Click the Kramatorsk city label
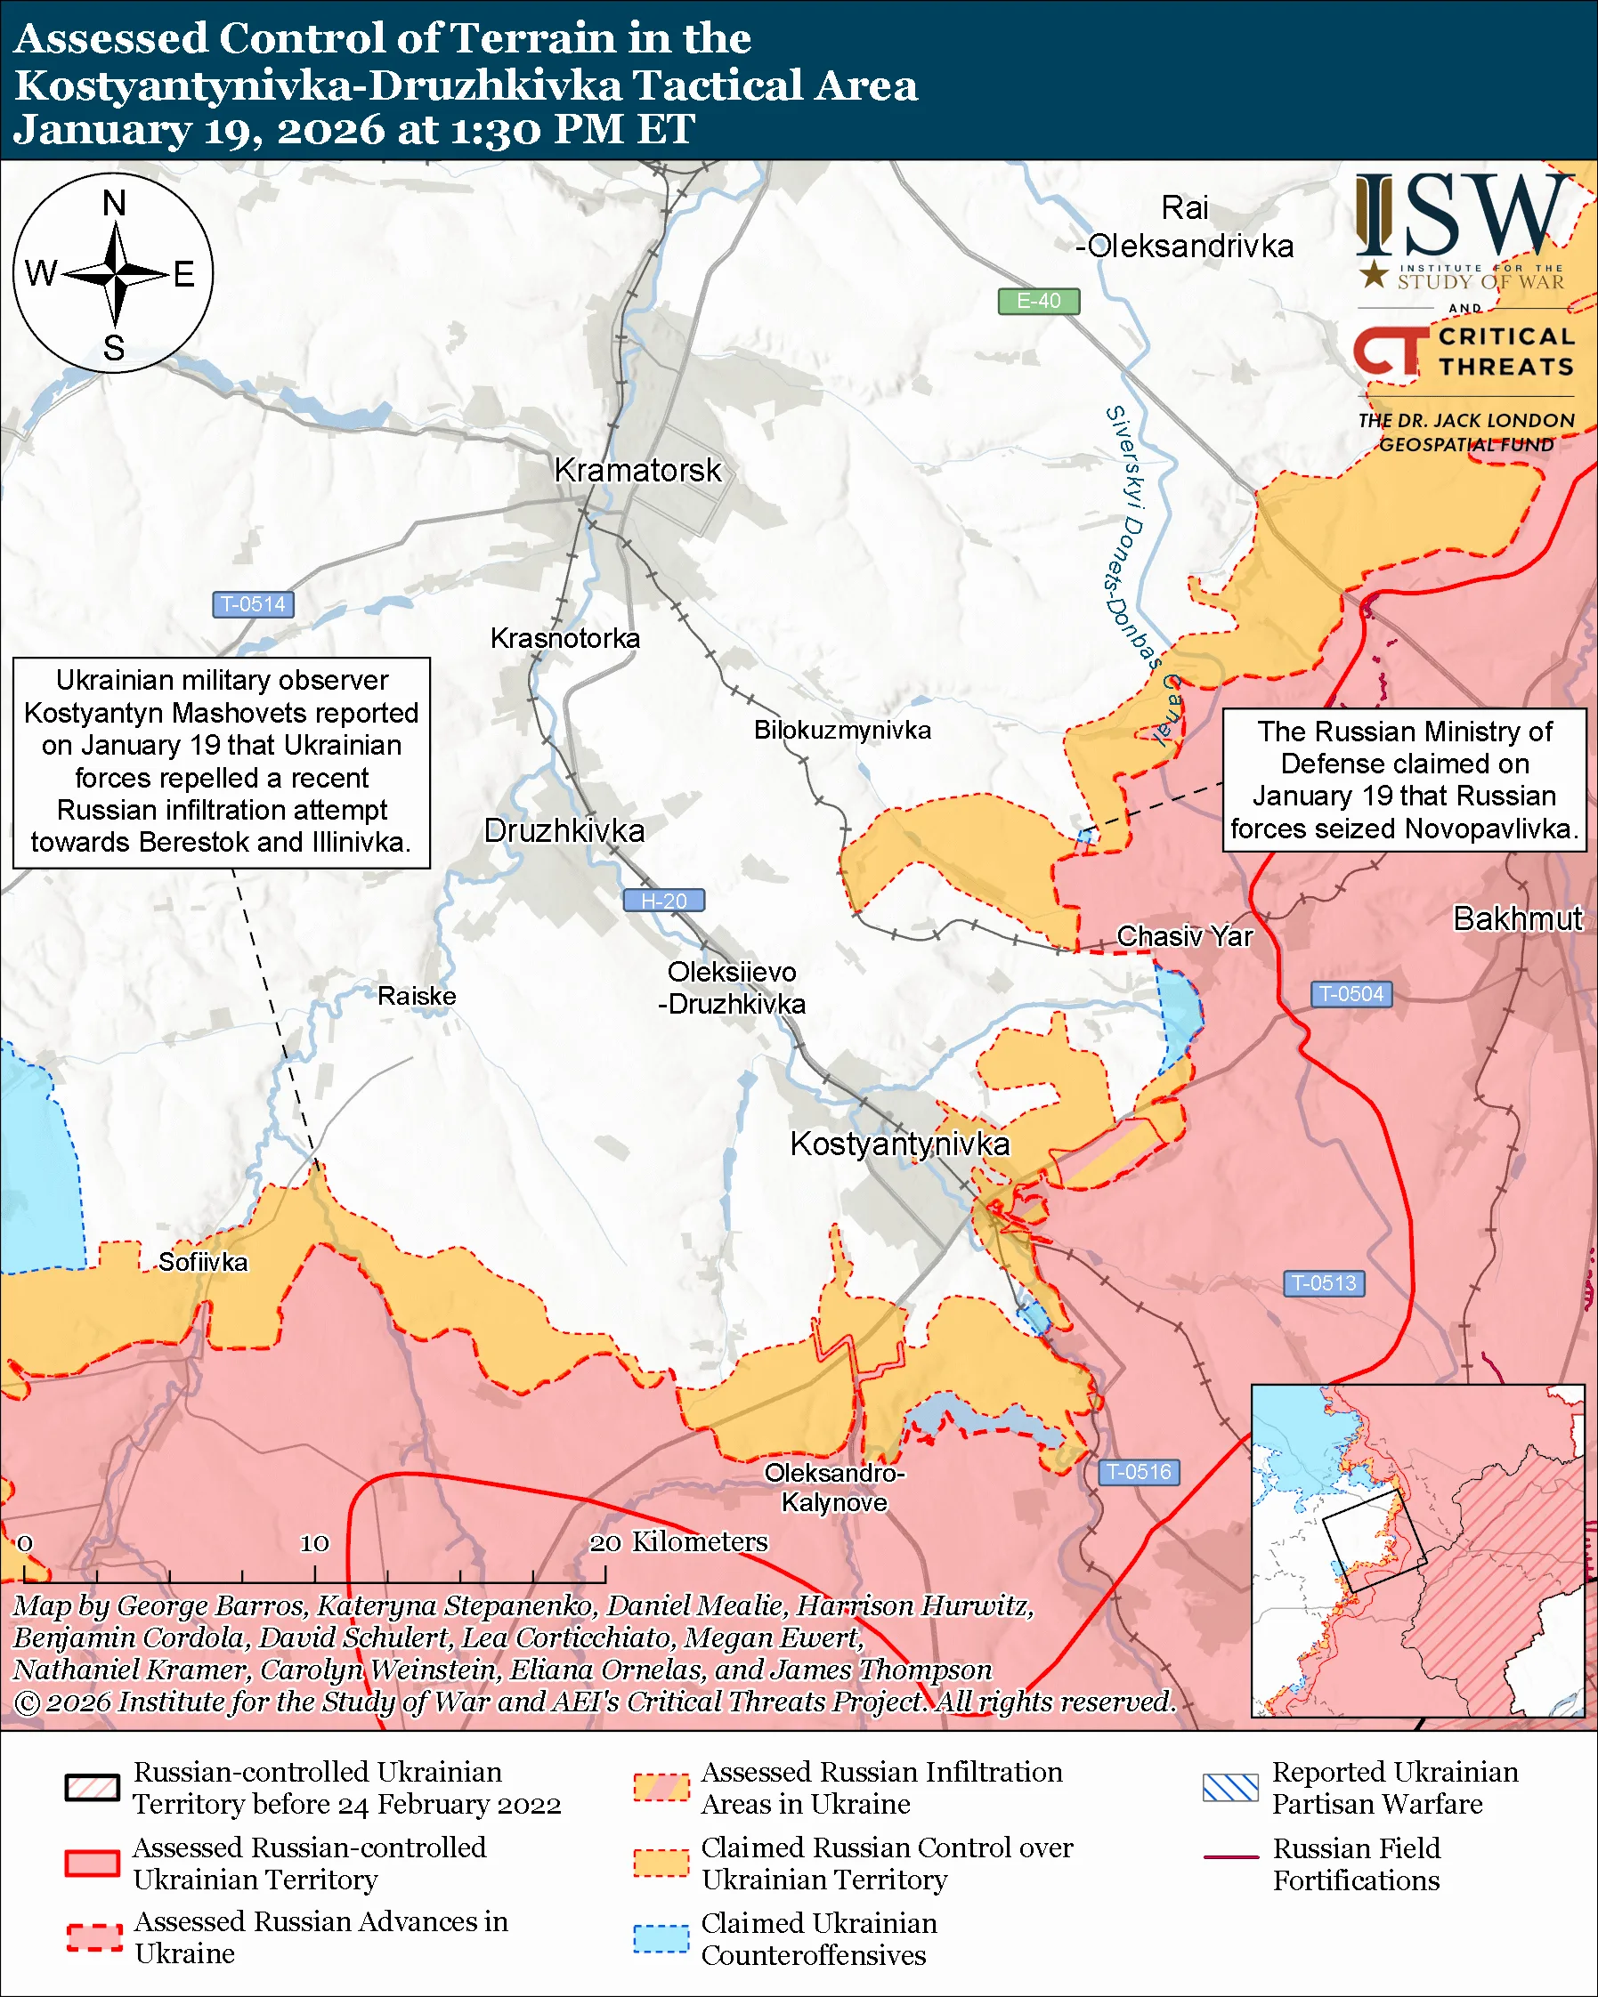(x=637, y=471)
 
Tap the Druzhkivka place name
(x=564, y=831)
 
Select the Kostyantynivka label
(x=899, y=1144)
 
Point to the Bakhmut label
(x=1517, y=918)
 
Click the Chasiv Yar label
(x=1184, y=936)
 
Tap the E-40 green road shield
(x=1038, y=301)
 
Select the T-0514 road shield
(x=253, y=605)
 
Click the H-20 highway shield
(x=663, y=901)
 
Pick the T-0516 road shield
(x=1139, y=1472)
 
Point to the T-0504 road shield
(x=1351, y=994)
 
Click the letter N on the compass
(x=114, y=204)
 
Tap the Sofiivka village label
(x=203, y=1262)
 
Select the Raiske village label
(x=417, y=996)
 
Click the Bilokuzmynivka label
(x=842, y=730)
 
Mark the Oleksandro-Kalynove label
(x=834, y=1488)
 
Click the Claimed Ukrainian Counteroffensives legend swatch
(x=661, y=1938)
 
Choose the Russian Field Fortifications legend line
(x=1230, y=1857)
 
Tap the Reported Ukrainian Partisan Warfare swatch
(x=1230, y=1788)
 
